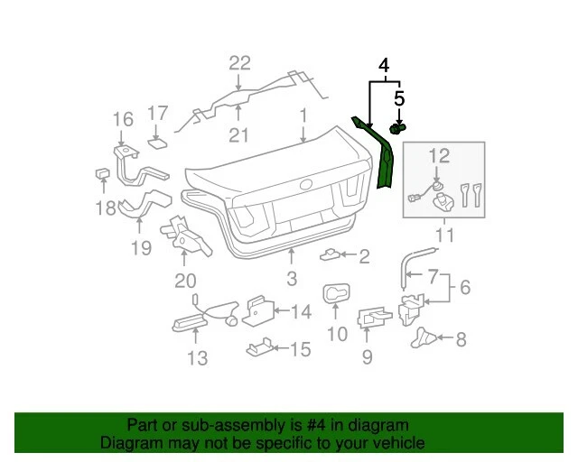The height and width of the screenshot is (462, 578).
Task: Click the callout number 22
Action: coord(238,62)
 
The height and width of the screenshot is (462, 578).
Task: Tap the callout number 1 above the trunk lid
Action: coord(303,115)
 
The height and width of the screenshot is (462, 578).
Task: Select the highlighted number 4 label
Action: coord(384,65)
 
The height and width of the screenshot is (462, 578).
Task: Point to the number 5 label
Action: coord(399,98)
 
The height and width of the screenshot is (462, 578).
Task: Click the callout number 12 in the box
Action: coord(438,155)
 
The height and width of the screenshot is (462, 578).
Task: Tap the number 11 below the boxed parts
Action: coord(443,236)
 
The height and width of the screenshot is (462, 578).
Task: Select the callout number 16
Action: coord(122,119)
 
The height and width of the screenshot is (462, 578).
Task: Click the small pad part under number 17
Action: coord(155,141)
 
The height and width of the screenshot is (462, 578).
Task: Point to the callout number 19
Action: coord(140,246)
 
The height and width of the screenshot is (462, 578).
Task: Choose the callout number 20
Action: coord(185,282)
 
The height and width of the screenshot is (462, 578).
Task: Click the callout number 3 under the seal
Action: coord(292,277)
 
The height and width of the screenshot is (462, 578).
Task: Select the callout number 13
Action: coord(197,360)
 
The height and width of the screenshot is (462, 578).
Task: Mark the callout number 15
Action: coord(300,348)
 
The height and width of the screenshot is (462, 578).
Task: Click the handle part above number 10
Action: coord(336,294)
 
